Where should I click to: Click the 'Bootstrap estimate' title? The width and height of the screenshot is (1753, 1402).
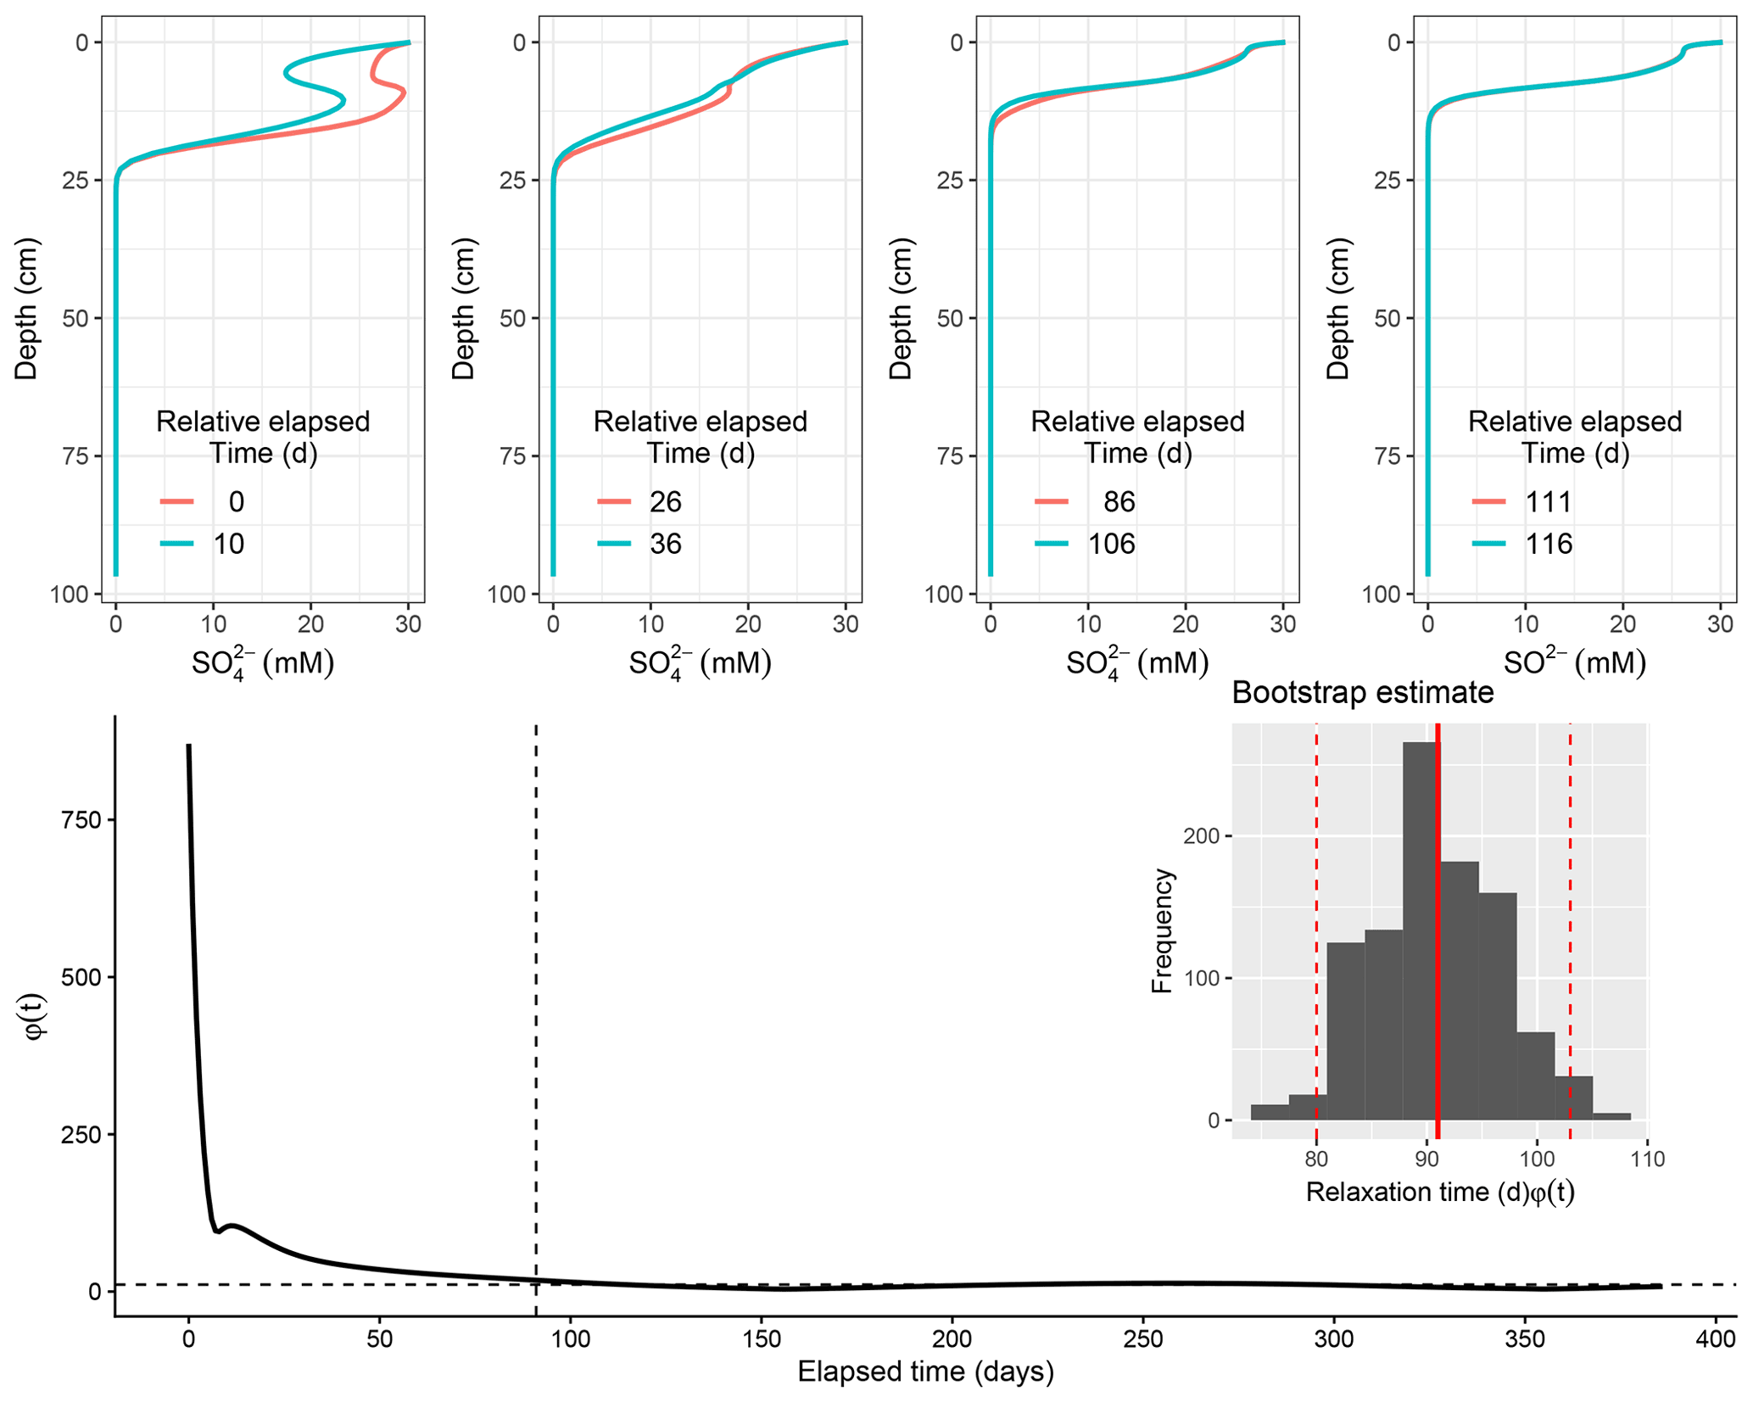click(x=1362, y=693)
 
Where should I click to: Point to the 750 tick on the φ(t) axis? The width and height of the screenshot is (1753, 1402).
click(x=81, y=820)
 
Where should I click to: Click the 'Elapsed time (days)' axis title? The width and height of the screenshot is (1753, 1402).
click(x=925, y=1371)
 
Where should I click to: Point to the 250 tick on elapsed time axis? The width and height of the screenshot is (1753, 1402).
click(x=1143, y=1339)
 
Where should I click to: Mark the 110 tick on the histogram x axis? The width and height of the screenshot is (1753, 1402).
click(x=1647, y=1159)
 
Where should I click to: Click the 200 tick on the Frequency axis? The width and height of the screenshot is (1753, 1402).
click(x=1201, y=836)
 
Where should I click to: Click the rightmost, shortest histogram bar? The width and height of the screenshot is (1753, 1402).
click(x=1611, y=1116)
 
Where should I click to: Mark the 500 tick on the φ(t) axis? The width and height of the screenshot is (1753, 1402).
click(x=81, y=977)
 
